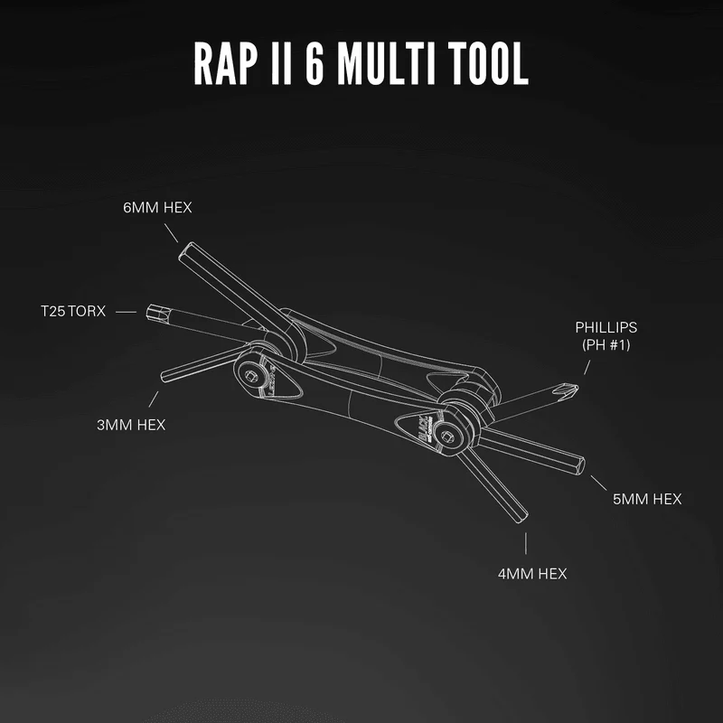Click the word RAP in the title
click(x=226, y=63)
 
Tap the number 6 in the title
click(x=315, y=63)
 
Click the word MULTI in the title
click(x=387, y=63)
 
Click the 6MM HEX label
click(x=157, y=208)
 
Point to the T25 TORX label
click(x=73, y=311)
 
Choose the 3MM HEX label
click(x=131, y=425)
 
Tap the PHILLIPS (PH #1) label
click(x=606, y=336)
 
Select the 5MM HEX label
click(x=647, y=499)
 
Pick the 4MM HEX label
click(x=532, y=574)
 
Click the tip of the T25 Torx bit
click(x=148, y=312)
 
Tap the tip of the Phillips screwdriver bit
click(x=577, y=389)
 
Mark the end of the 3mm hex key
click(x=163, y=377)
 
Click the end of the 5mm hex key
click(x=582, y=465)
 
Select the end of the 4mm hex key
click(x=521, y=518)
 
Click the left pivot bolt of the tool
click(x=251, y=375)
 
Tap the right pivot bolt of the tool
click(x=446, y=437)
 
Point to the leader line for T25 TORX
click(x=126, y=312)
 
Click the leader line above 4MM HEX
click(x=526, y=543)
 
